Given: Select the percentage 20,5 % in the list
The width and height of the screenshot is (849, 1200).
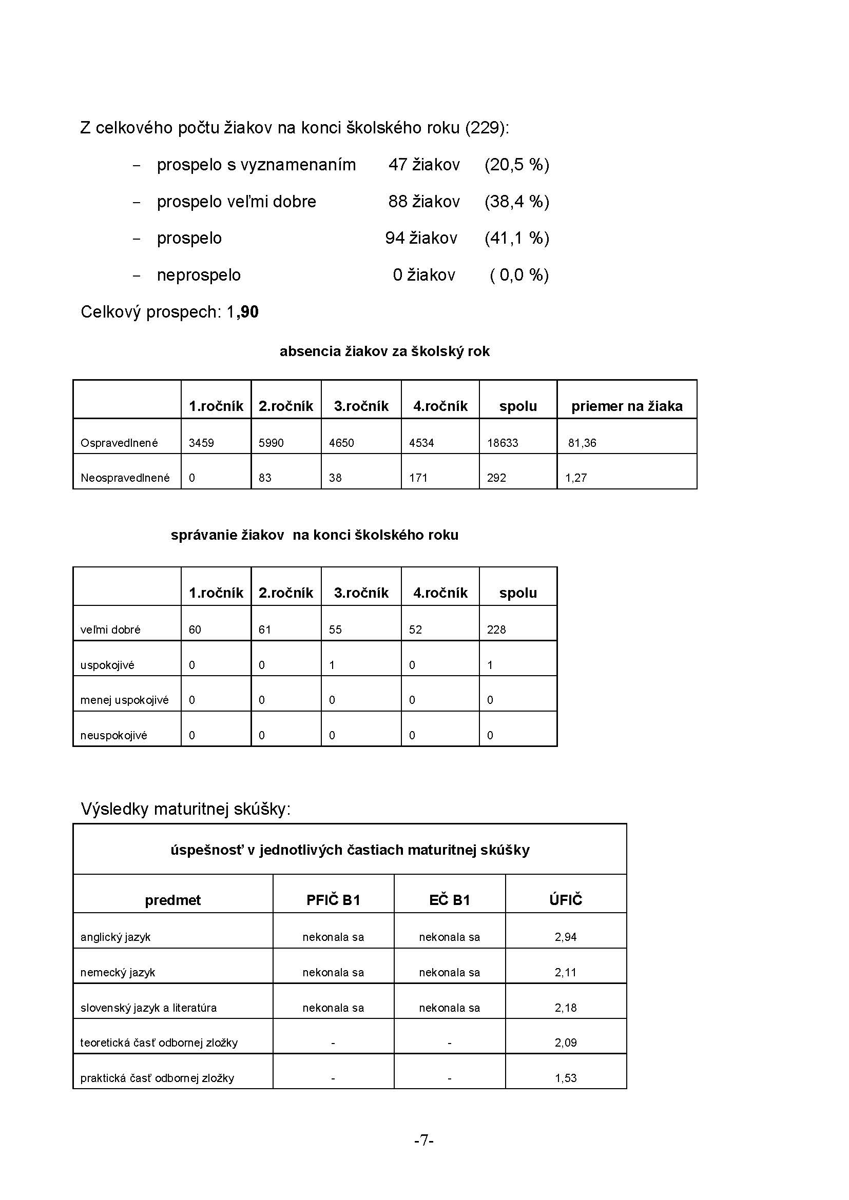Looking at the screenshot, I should point(516,165).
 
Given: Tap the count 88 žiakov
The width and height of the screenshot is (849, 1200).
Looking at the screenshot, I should point(423,202).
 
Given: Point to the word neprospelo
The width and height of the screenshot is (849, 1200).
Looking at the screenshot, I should point(199,275).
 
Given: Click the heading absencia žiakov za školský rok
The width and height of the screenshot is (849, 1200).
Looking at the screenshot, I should point(384,351).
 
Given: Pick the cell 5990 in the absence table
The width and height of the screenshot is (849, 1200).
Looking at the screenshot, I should point(271,443).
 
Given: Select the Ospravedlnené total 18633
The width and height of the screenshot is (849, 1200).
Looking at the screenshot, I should point(503,443).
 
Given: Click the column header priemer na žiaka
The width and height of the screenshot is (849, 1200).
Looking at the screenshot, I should point(626,406).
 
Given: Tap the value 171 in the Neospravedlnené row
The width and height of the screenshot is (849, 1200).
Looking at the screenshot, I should point(418,478).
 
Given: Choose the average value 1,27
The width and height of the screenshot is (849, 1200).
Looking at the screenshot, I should point(575,478).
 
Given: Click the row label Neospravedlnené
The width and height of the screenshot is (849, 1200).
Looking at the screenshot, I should point(125,478).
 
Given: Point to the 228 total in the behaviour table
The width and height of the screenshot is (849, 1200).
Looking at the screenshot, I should point(496,630).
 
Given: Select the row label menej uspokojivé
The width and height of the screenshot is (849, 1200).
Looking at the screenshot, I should point(124,700).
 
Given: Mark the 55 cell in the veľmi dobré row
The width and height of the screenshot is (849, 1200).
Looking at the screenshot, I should point(335,630).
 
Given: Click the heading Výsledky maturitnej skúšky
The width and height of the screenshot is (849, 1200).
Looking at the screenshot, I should point(186,809).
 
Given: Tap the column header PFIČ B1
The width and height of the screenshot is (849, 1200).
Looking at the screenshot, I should point(333,900).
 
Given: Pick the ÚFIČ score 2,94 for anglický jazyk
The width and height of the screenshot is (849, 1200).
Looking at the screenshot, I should point(565,937).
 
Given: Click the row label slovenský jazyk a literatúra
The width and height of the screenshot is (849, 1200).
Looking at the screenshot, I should point(148,1008).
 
